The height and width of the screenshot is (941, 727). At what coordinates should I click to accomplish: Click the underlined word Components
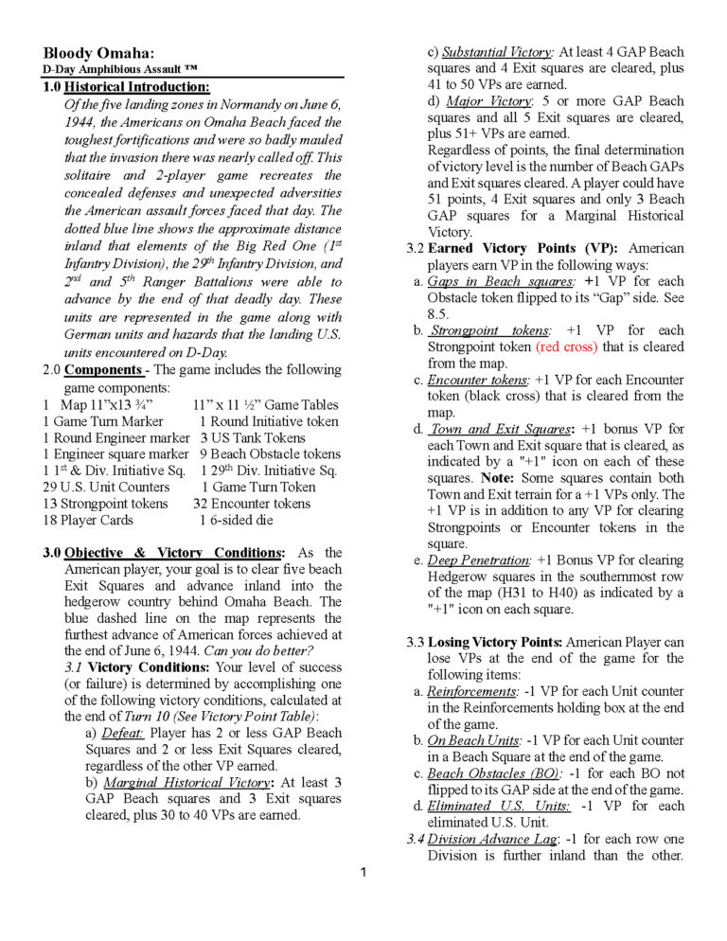click(103, 369)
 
